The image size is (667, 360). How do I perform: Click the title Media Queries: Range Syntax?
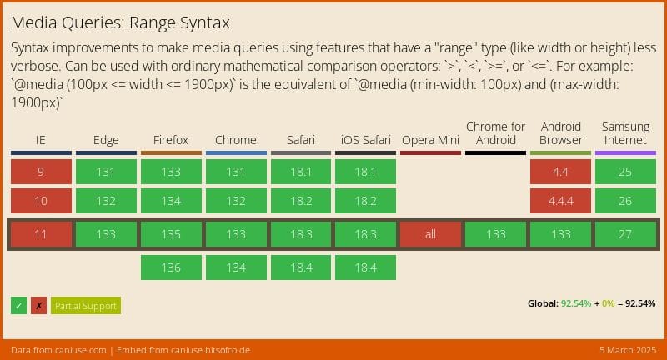coord(121,22)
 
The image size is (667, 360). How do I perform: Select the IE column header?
coord(40,139)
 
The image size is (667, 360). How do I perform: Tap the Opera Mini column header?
coord(430,139)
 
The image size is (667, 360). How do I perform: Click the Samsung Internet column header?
coord(625,133)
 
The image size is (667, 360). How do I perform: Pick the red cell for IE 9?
coord(41,172)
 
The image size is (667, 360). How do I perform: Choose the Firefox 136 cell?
coord(171,267)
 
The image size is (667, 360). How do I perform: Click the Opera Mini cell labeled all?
coord(430,234)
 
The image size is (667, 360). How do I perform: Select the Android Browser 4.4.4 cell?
coord(560,201)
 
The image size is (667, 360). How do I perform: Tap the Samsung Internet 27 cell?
coord(625,234)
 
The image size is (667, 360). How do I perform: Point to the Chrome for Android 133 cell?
coord(495,234)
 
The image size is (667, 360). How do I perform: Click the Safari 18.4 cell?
coord(300,267)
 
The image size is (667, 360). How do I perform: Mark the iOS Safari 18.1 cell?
coord(365,172)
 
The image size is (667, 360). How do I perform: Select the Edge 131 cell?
coord(106,172)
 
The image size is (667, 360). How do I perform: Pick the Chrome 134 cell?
coord(236,267)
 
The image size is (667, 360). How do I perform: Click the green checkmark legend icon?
coord(19,306)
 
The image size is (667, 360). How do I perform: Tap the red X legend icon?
coord(38,306)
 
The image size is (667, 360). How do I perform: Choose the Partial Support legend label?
coord(85,306)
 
